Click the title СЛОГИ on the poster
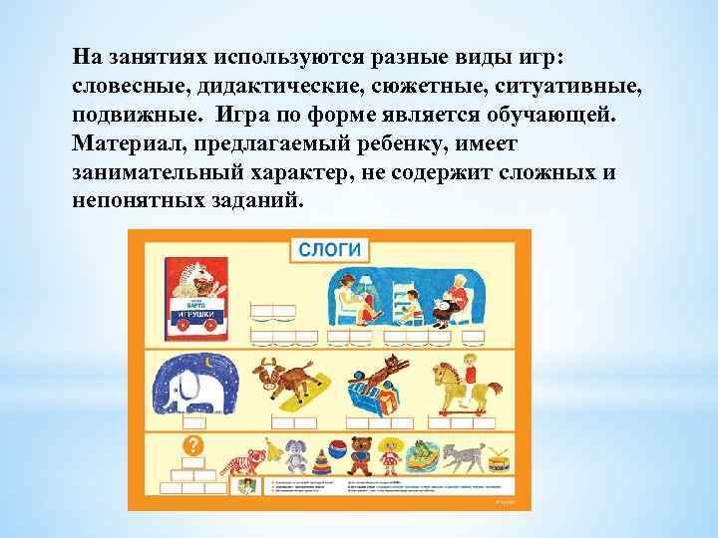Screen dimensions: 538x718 point(328,247)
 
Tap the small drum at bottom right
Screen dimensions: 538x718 point(498,464)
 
